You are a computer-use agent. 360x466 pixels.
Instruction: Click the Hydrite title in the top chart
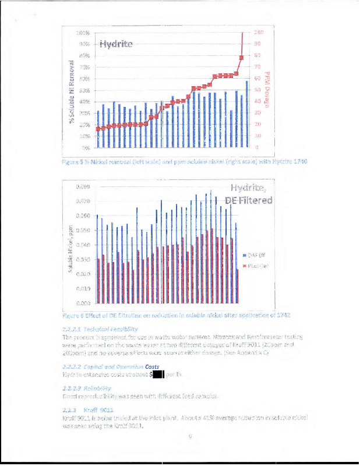[x=116, y=44]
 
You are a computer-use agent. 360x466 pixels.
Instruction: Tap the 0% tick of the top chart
[x=84, y=147]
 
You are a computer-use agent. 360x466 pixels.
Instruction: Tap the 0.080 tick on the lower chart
[x=83, y=186]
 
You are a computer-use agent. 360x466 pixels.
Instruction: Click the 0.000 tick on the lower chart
[x=83, y=303]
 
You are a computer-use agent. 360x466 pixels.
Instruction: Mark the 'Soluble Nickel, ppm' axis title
[x=69, y=248]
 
